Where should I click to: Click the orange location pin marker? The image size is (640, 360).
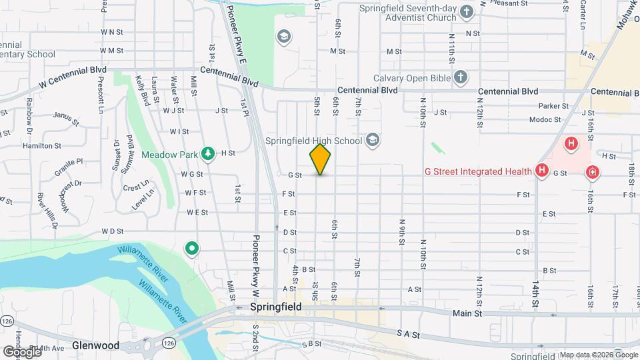320,159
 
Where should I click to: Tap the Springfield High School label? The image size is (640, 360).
313,140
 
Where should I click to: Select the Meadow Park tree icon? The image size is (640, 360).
208,154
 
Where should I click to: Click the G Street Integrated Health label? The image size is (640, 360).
478,171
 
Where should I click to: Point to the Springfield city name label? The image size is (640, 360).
276,307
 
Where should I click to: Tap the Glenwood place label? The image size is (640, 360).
97,345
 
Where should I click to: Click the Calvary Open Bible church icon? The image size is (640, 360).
460,77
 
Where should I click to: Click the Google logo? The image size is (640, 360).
21,351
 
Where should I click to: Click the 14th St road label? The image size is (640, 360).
535,293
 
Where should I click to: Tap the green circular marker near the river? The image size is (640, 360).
191,249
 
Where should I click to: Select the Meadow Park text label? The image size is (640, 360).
170,155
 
